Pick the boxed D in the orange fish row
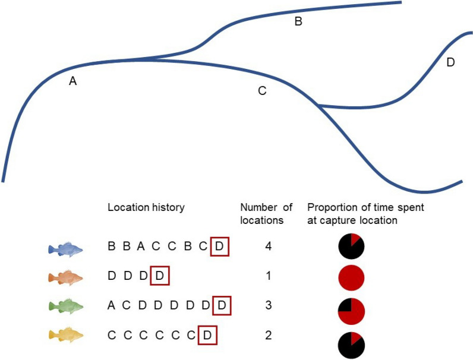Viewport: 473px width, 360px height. pyautogui.click(x=160, y=276)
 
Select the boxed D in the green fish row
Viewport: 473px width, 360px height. pyautogui.click(x=221, y=306)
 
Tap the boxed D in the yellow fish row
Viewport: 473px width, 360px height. pyautogui.click(x=207, y=336)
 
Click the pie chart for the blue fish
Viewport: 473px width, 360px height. pyautogui.click(x=351, y=247)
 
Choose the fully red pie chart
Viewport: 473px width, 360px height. pyautogui.click(x=351, y=277)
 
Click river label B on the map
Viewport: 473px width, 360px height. pyautogui.click(x=298, y=22)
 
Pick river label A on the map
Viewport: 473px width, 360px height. pyautogui.click(x=73, y=82)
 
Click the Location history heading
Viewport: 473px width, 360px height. pyautogui.click(x=146, y=207)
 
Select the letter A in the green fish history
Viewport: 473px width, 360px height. pyautogui.click(x=112, y=306)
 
